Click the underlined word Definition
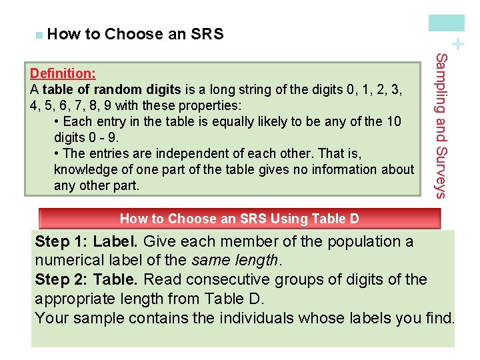click(x=63, y=72)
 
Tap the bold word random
click(x=113, y=89)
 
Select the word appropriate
click(x=75, y=299)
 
